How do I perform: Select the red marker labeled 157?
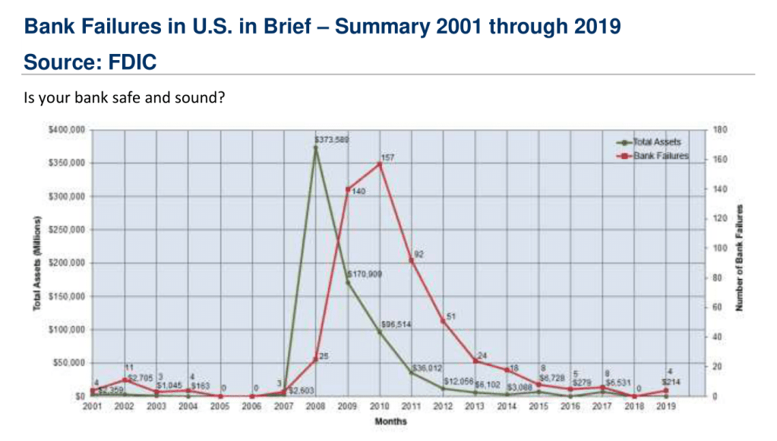[380, 163]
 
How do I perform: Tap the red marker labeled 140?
[348, 189]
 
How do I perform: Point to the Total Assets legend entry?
[656, 141]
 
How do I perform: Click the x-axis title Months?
[390, 421]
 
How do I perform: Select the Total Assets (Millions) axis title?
[36, 263]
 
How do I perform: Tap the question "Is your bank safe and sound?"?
[123, 99]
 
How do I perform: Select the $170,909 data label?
[364, 273]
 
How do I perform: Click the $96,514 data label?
[396, 324]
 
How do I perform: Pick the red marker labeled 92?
[412, 260]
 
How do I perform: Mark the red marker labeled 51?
[444, 321]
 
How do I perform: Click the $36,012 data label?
[427, 368]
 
